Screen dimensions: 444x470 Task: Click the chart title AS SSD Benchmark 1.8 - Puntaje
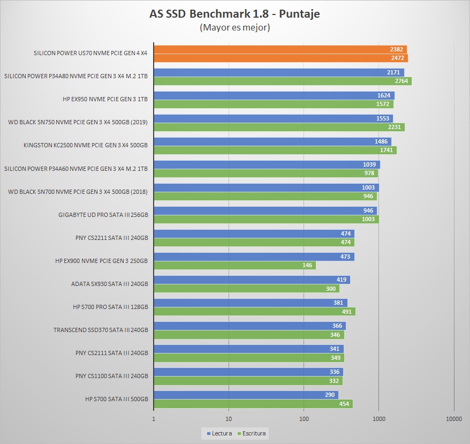tap(234, 14)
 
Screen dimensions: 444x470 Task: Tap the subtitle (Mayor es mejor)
tap(234, 27)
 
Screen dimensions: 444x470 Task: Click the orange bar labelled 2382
tap(280, 50)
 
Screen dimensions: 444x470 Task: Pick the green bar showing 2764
tap(283, 81)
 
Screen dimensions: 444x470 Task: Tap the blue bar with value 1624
tap(274, 95)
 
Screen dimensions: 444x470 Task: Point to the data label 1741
tap(386, 150)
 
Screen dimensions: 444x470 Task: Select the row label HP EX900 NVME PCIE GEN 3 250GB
tap(101, 261)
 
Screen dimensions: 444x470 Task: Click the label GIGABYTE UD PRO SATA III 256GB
tap(103, 215)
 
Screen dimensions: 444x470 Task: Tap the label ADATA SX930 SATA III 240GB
tap(109, 284)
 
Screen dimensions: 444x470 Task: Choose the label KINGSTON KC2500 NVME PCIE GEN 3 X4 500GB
tap(86, 146)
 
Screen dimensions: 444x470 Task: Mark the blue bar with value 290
tap(246, 395)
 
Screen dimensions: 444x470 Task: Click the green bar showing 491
tap(254, 311)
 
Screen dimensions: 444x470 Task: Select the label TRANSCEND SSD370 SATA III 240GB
tap(101, 330)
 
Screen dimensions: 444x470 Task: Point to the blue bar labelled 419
tap(252, 280)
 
